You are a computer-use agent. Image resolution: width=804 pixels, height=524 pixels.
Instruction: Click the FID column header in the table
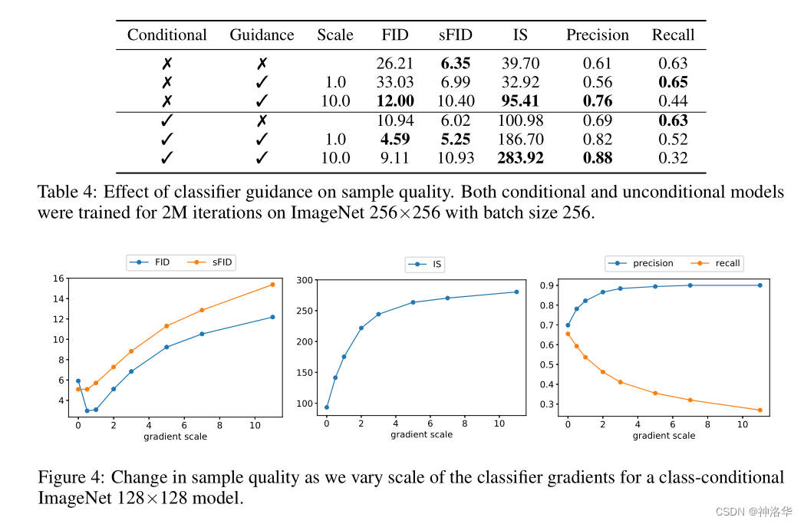click(x=395, y=35)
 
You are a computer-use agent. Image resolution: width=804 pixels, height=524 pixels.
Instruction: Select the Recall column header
click(x=673, y=35)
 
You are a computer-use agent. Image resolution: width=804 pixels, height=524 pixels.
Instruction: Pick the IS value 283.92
click(x=520, y=159)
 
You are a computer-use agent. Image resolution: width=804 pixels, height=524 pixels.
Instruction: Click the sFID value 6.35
click(x=455, y=64)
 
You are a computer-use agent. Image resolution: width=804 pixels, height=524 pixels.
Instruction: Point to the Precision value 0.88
click(x=597, y=159)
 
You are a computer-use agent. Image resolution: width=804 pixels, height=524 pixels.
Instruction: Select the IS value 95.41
click(x=520, y=101)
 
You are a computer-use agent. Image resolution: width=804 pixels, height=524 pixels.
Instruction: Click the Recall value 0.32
click(x=673, y=159)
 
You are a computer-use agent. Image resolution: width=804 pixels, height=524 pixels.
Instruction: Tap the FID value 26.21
click(x=394, y=64)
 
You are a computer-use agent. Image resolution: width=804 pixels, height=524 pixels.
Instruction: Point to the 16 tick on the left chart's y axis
click(x=61, y=278)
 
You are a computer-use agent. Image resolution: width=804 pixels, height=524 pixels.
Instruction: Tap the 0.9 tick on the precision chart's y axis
click(x=549, y=285)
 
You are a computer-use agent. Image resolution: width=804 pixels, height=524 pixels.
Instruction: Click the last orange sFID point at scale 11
click(x=272, y=285)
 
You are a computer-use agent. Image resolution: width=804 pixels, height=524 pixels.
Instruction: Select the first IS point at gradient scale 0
click(x=327, y=407)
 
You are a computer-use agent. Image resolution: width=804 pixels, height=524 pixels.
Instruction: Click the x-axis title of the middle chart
click(x=421, y=434)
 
